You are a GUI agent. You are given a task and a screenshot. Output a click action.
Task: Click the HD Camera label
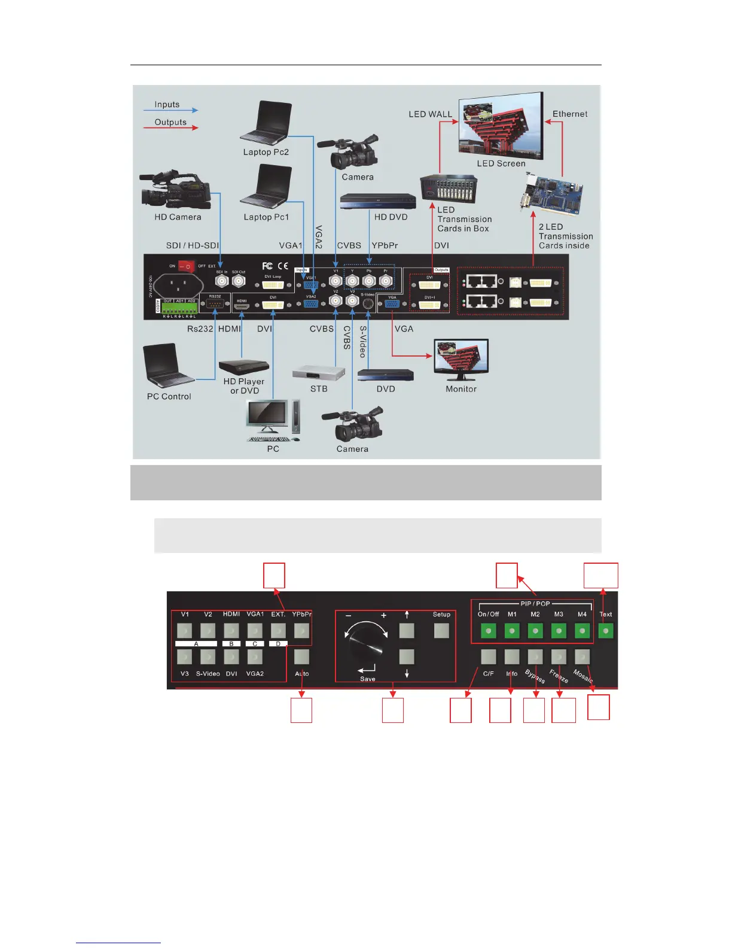pyautogui.click(x=178, y=217)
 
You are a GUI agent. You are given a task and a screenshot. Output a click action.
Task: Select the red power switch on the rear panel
pyautogui.click(x=187, y=266)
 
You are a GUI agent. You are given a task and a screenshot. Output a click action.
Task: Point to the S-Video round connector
pyautogui.click(x=368, y=303)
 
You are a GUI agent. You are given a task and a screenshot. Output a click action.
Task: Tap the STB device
pyautogui.click(x=319, y=373)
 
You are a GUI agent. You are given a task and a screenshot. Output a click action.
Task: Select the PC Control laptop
pyautogui.click(x=166, y=366)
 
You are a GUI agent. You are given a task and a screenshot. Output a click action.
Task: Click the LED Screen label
pyautogui.click(x=501, y=163)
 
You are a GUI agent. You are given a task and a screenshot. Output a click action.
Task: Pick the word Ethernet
pyautogui.click(x=569, y=114)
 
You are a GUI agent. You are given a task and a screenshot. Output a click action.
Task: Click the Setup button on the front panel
pyautogui.click(x=441, y=630)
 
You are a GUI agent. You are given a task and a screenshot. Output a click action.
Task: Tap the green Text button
pyautogui.click(x=606, y=631)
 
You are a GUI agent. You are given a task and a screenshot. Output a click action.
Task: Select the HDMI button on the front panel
pyautogui.click(x=231, y=631)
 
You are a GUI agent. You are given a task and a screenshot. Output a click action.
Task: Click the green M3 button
pyautogui.click(x=559, y=631)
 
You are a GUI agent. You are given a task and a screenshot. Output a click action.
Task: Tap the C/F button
pyautogui.click(x=489, y=657)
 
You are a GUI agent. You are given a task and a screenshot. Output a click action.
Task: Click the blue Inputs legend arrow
pyautogui.click(x=170, y=110)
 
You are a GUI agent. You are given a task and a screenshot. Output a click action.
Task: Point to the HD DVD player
pyautogui.click(x=378, y=202)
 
